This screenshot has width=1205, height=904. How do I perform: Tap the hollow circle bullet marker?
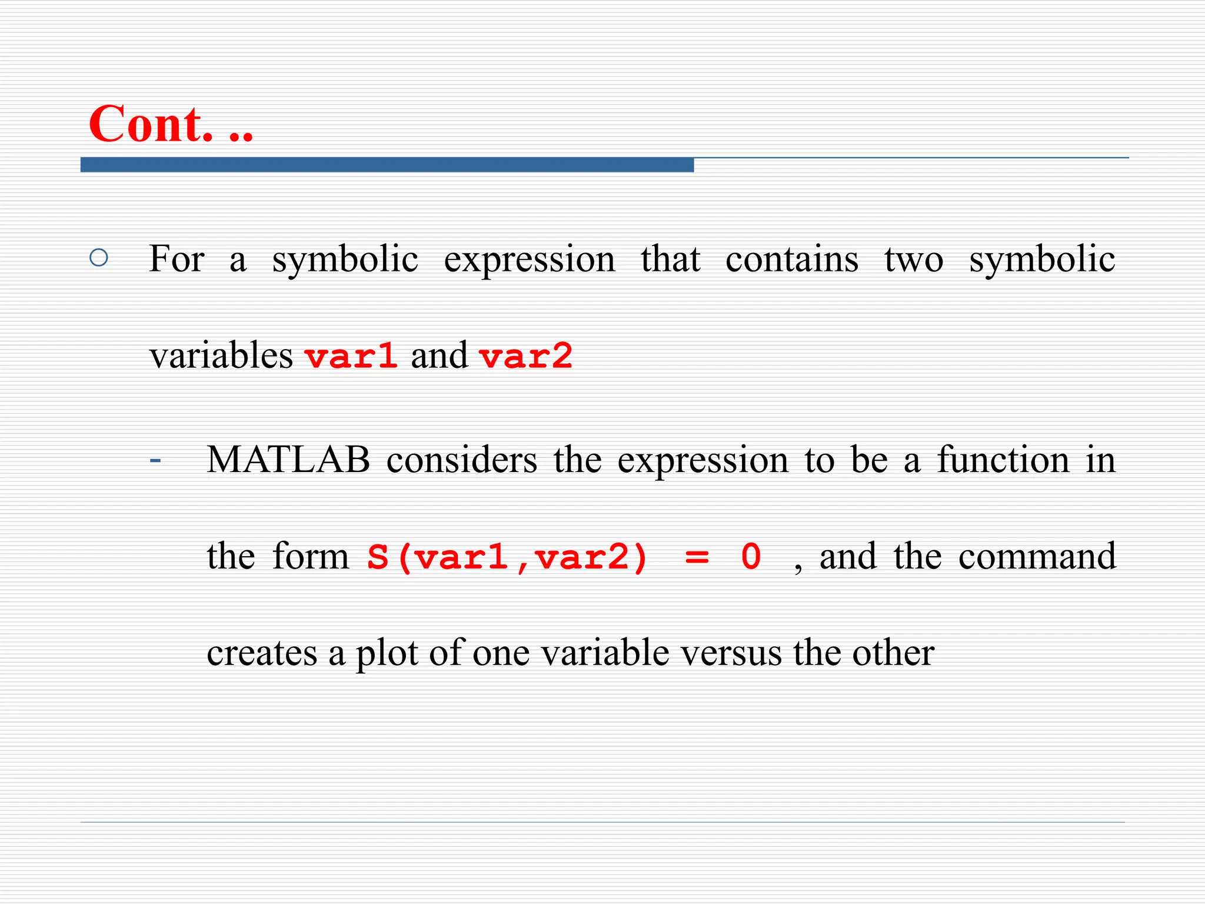coord(99,258)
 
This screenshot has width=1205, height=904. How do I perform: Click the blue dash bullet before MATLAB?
coord(155,460)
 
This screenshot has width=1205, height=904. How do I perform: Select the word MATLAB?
coord(288,460)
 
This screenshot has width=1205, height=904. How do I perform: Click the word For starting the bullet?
coord(176,259)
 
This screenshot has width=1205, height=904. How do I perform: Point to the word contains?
coord(791,259)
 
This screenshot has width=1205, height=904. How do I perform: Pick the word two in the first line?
coord(913,259)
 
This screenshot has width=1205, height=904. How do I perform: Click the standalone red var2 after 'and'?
coord(525,357)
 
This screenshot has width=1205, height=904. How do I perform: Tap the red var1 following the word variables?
coord(351,357)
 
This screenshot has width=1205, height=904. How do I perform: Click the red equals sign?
coord(697,557)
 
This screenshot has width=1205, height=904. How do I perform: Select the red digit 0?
coord(751,557)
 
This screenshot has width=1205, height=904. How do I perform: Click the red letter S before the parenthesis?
coord(378,557)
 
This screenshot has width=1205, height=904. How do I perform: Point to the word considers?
coord(461,460)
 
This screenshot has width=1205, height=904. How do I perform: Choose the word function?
coord(1003,460)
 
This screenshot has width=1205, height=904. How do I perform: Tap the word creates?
coord(262,653)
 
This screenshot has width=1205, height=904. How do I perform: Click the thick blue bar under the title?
coord(387,165)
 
